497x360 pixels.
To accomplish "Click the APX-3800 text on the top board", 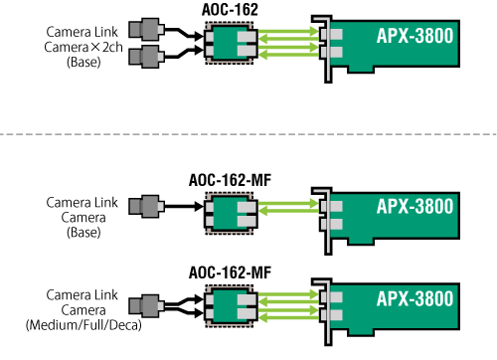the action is (x=415, y=38).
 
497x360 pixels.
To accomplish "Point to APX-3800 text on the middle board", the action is (x=415, y=207).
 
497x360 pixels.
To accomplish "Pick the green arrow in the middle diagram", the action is (x=287, y=211).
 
